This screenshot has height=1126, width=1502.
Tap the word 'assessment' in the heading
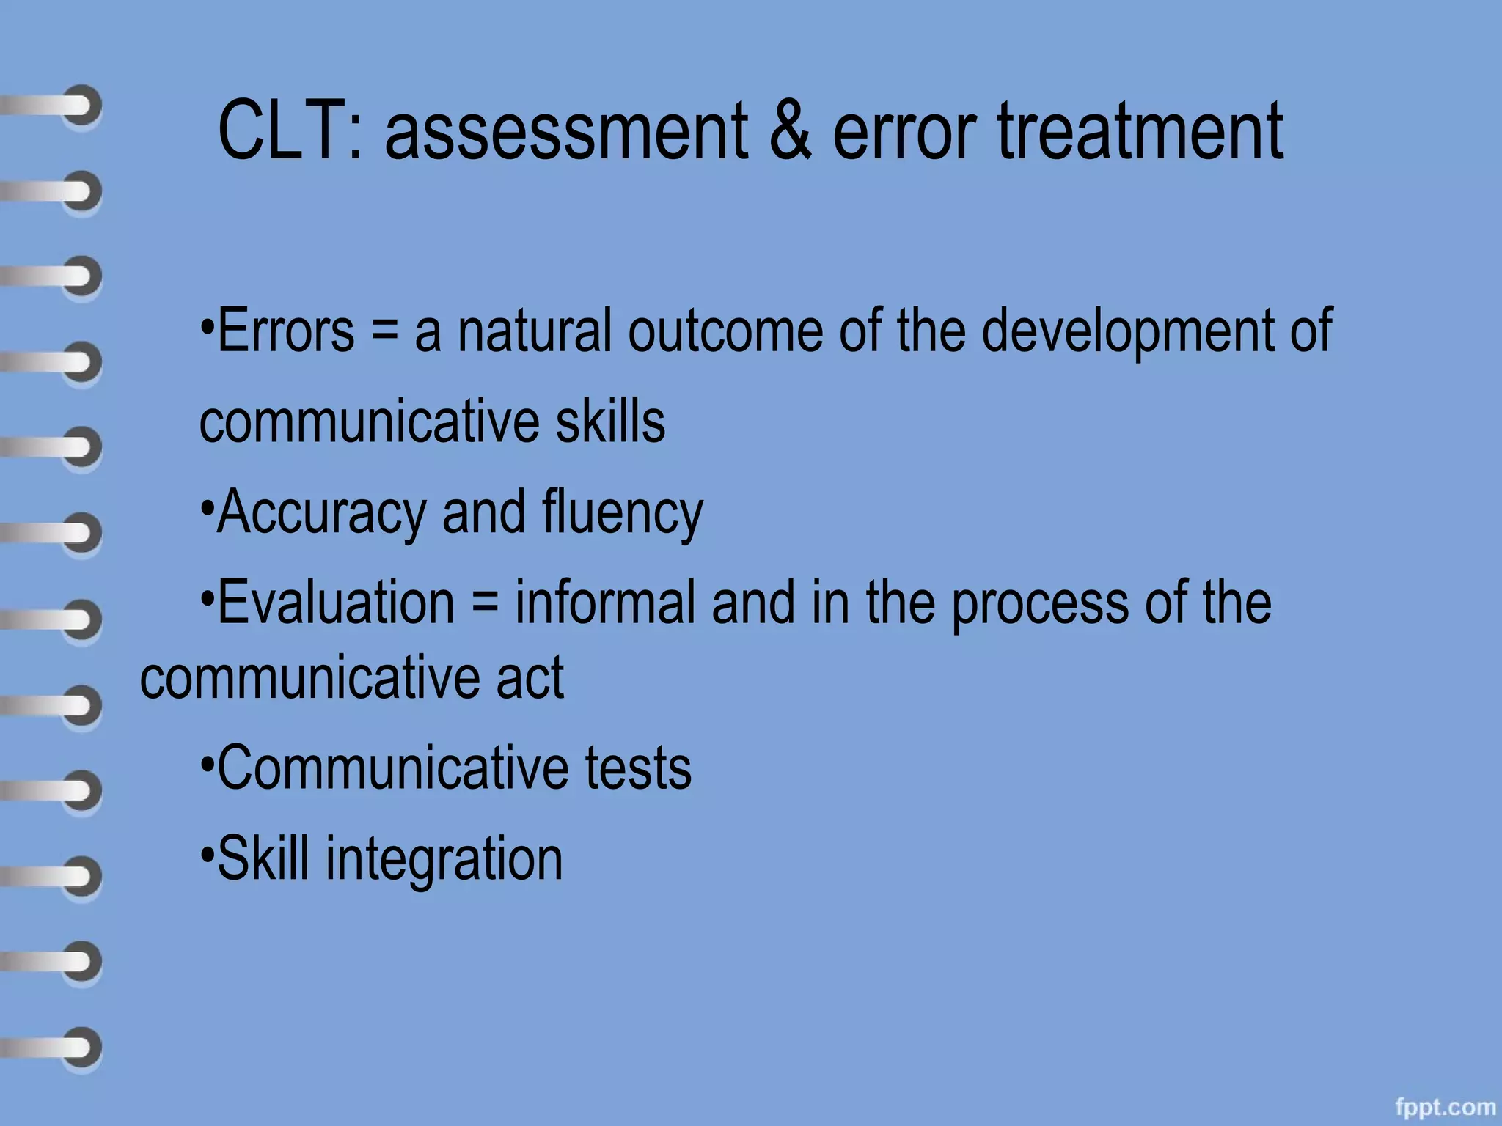tap(565, 132)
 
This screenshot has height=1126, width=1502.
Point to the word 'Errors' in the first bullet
tap(286, 331)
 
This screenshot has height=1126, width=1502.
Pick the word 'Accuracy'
tap(320, 513)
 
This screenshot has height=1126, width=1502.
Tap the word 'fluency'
tap(623, 513)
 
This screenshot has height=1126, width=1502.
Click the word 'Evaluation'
tap(336, 603)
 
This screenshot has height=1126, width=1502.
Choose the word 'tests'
tap(638, 768)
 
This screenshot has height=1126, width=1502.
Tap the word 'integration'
tap(444, 859)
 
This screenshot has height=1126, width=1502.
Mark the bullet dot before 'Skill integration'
tap(208, 855)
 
